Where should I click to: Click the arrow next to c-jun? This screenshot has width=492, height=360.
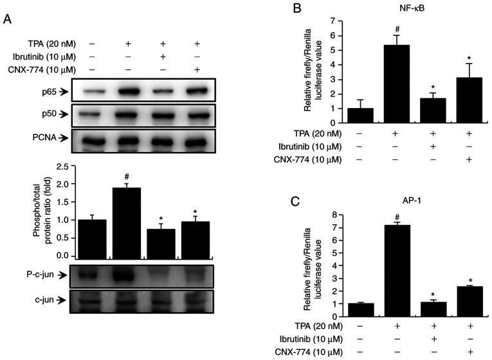click(x=63, y=299)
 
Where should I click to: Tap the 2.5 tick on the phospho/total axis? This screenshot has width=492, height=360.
click(x=61, y=167)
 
